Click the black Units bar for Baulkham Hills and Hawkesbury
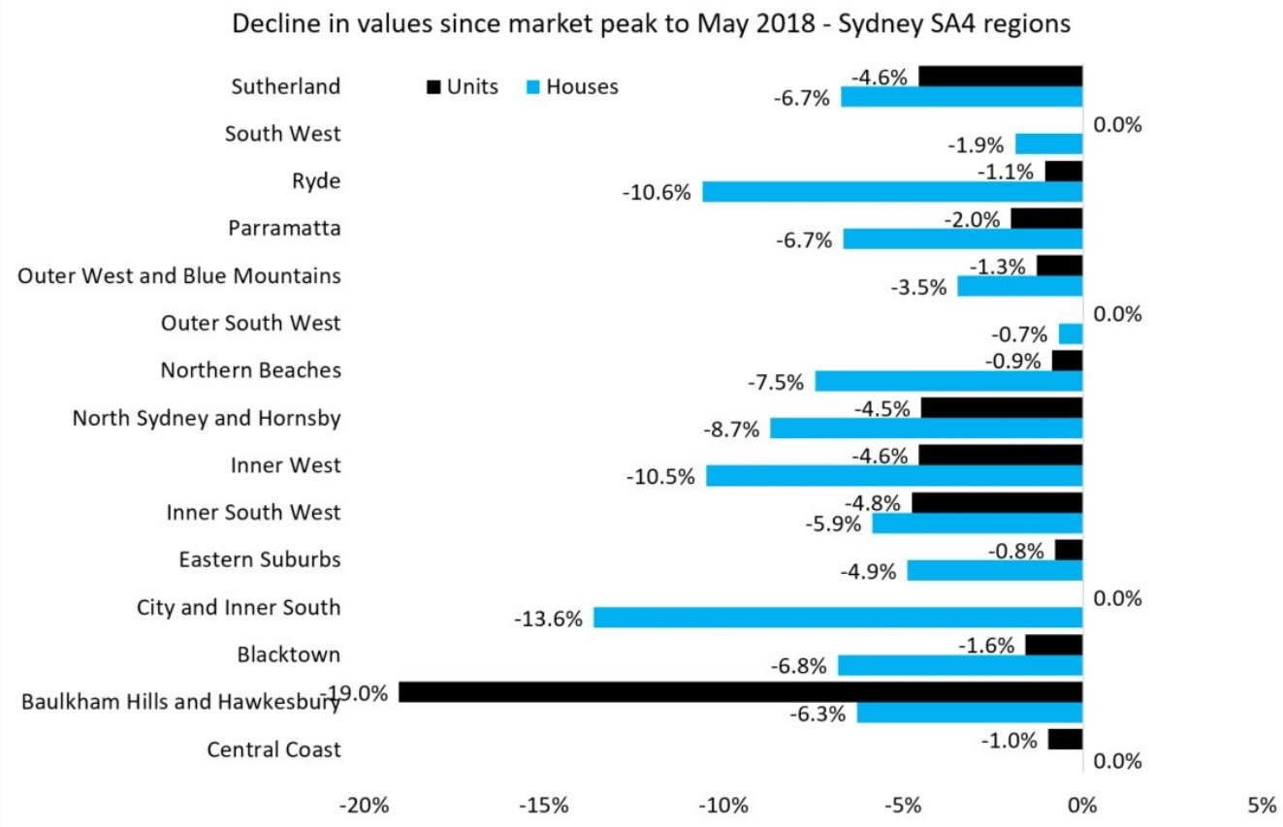pos(741,692)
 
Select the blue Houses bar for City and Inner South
pos(838,618)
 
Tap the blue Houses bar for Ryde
pos(892,192)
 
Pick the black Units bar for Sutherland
pos(1001,77)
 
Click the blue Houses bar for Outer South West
pos(1071,334)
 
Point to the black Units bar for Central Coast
pos(1066,739)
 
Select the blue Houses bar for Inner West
pos(894,476)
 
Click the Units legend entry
pos(463,87)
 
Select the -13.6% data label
pos(548,620)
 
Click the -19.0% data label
pos(356,693)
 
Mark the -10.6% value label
pos(657,193)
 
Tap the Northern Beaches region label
pos(251,370)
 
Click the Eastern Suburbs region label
pos(260,559)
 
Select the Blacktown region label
pos(289,654)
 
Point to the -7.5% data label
pos(776,383)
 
